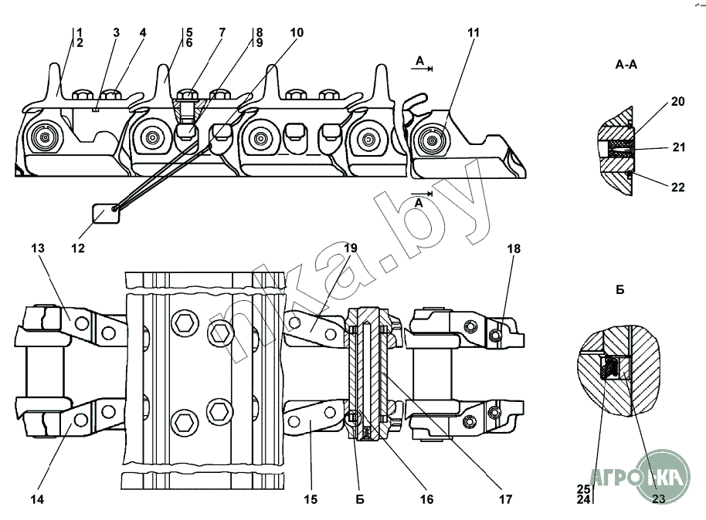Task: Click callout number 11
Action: (x=473, y=32)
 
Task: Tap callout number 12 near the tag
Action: (x=77, y=248)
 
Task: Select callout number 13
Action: (x=39, y=248)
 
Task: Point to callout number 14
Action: (x=37, y=499)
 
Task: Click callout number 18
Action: (x=514, y=248)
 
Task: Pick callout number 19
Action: (x=351, y=248)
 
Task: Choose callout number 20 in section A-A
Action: (x=677, y=102)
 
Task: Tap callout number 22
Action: (x=677, y=187)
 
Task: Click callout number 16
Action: (x=426, y=499)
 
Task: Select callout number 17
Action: (x=505, y=499)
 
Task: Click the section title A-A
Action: (x=626, y=65)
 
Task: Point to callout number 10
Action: (x=297, y=32)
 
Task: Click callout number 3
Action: (x=116, y=32)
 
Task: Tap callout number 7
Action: (x=222, y=32)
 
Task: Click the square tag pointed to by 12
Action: (x=107, y=213)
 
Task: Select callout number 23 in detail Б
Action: (x=658, y=498)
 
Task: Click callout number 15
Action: (x=311, y=499)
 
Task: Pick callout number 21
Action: (x=678, y=147)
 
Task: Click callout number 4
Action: (x=143, y=32)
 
